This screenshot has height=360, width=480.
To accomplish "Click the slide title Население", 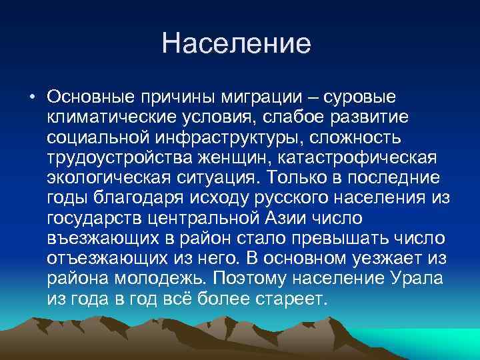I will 237,44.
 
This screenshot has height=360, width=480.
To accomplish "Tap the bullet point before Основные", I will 31,97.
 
